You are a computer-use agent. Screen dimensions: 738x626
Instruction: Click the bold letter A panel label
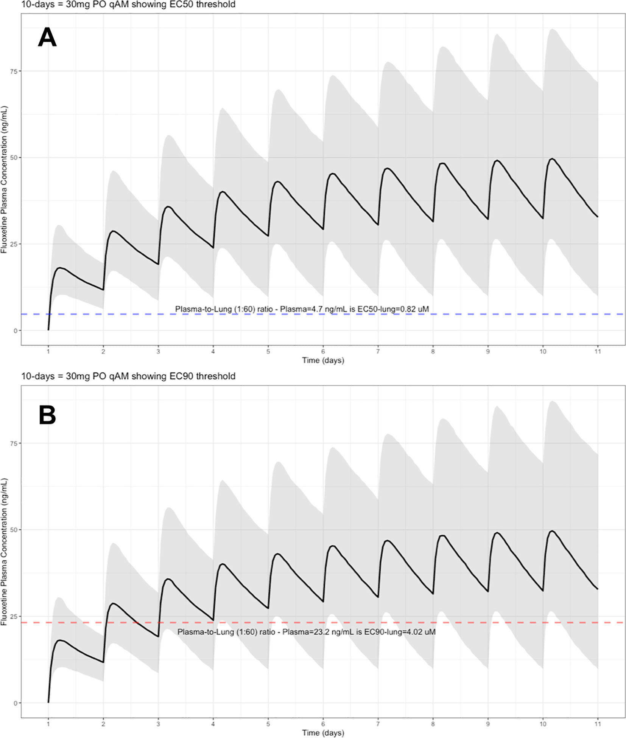pyautogui.click(x=47, y=37)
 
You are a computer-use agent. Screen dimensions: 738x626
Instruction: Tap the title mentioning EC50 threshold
pyautogui.click(x=128, y=5)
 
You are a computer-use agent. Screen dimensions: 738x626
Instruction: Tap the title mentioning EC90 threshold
pyautogui.click(x=128, y=376)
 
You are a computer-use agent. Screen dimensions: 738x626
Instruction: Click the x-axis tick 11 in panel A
pyautogui.click(x=598, y=352)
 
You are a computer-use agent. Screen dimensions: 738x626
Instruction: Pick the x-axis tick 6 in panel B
pyautogui.click(x=323, y=724)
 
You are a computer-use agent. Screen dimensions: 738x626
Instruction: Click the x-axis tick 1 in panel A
pyautogui.click(x=48, y=352)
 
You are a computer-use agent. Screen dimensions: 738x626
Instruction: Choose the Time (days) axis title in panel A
pyautogui.click(x=323, y=360)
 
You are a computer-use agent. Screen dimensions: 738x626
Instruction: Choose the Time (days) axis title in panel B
pyautogui.click(x=323, y=733)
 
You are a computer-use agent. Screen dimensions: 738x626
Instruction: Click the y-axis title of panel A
pyautogui.click(x=4, y=180)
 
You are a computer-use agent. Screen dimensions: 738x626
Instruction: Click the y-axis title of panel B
pyautogui.click(x=4, y=552)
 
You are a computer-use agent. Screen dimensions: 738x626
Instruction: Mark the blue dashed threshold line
pyautogui.click(x=114, y=314)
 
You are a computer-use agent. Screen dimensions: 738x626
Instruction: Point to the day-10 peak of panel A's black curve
pyautogui.click(x=552, y=159)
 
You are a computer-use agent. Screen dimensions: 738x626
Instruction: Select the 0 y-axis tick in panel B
pyautogui.click(x=16, y=703)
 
